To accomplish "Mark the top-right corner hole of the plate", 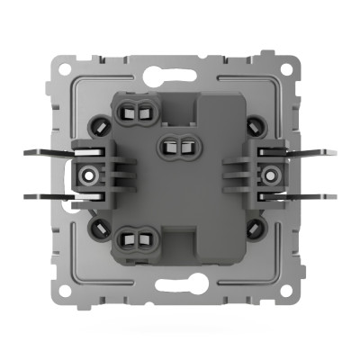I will [x=290, y=68].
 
